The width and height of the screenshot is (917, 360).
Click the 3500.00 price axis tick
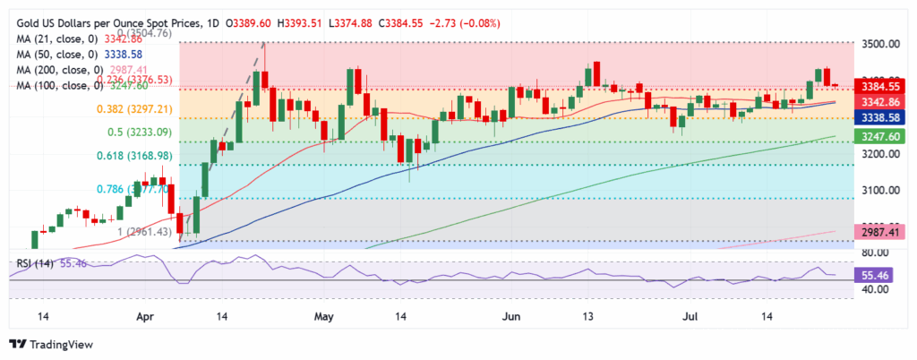[879, 43]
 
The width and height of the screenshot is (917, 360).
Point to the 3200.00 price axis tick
[879, 154]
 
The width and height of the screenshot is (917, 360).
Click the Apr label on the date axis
[143, 317]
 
